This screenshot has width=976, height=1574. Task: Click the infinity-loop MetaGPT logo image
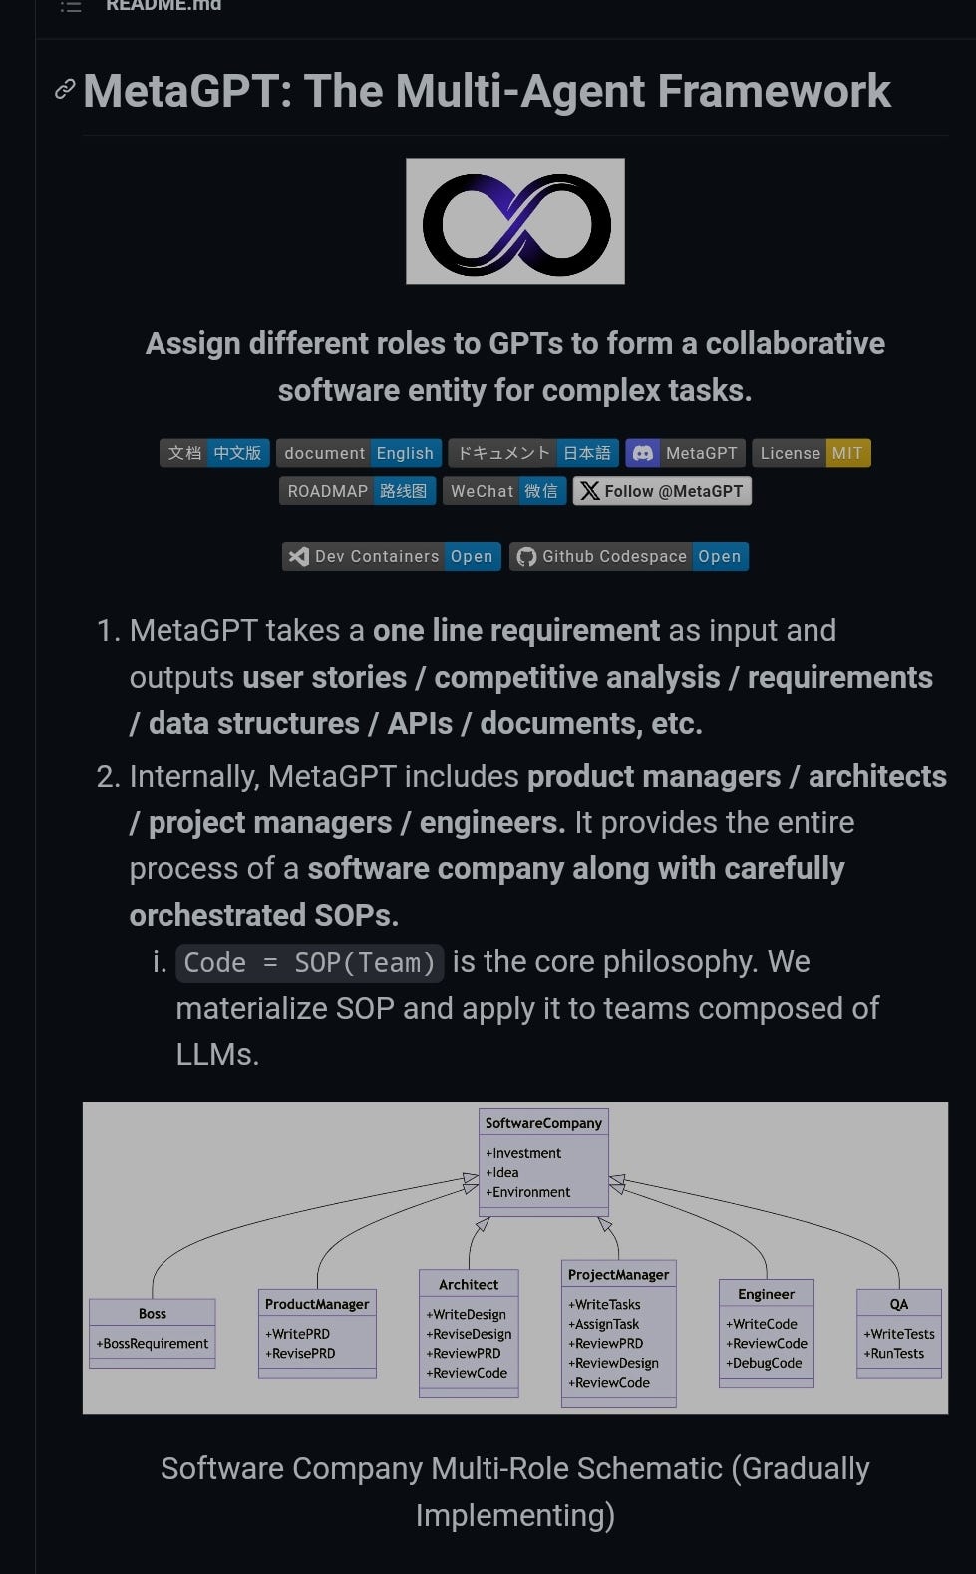click(x=515, y=222)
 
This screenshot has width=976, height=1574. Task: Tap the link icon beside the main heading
click(x=65, y=90)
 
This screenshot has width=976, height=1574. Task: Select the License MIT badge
click(x=811, y=453)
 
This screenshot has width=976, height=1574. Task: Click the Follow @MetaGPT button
click(x=662, y=491)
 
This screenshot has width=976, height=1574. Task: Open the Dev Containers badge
click(x=391, y=556)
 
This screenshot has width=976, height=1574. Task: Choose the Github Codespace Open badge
click(x=629, y=556)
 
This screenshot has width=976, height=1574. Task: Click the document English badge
click(x=358, y=453)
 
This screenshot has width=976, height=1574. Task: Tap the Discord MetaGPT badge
click(x=686, y=453)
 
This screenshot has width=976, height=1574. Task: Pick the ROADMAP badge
click(x=356, y=491)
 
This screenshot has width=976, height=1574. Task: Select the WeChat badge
click(x=503, y=491)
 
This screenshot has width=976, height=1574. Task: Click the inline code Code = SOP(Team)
click(x=310, y=963)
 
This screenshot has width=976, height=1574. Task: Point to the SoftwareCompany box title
click(x=543, y=1123)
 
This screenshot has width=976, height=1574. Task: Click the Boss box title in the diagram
click(x=153, y=1314)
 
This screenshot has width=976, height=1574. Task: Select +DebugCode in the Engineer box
click(x=764, y=1363)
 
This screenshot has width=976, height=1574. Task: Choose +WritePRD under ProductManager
click(x=297, y=1334)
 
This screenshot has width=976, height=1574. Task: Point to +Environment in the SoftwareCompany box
click(x=527, y=1192)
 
